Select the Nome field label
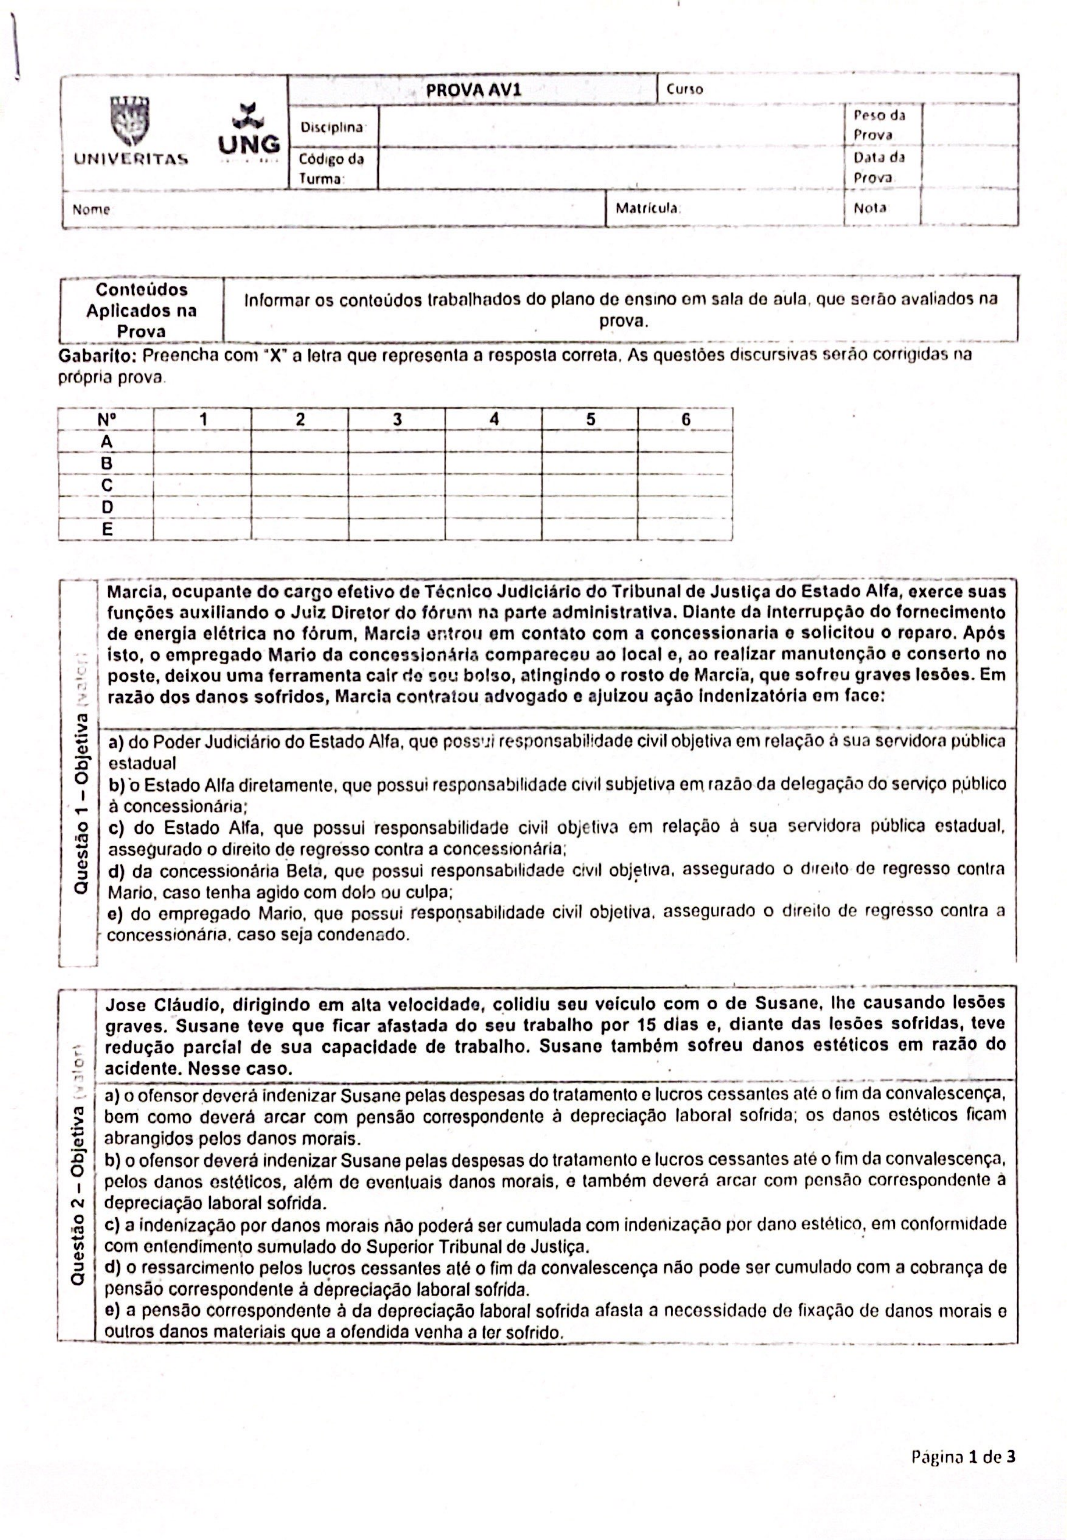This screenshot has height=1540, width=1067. (91, 209)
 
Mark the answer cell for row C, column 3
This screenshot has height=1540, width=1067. (396, 485)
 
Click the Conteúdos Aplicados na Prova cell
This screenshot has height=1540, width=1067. (141, 310)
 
